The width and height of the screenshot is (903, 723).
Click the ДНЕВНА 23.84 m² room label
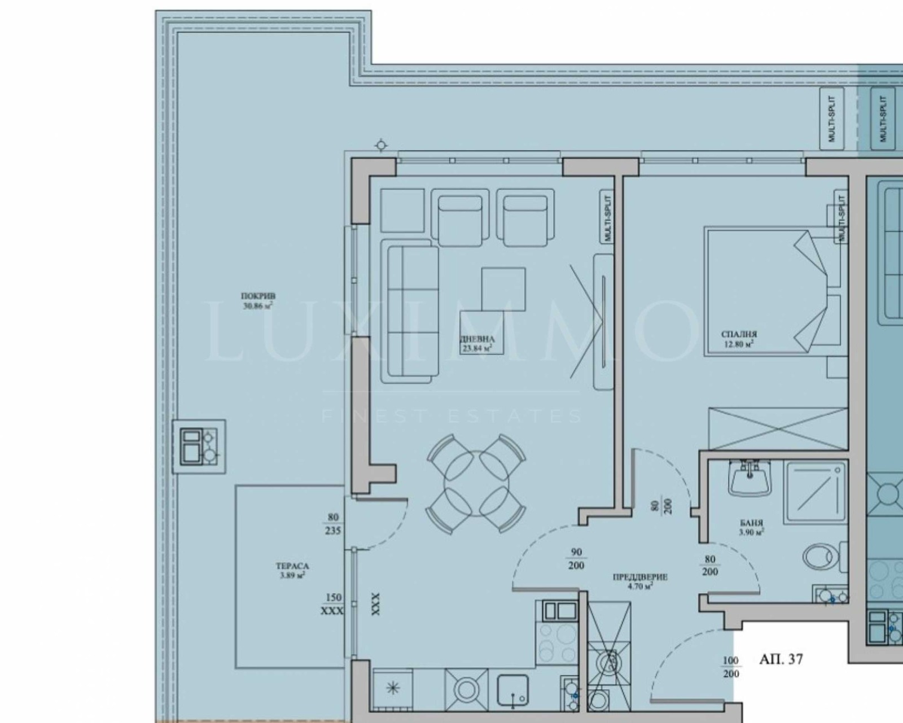pos(477,344)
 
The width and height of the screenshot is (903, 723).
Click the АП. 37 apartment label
pos(781,659)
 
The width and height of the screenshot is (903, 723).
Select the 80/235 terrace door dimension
pos(333,524)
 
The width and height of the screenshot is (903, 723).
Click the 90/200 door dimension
pos(576,559)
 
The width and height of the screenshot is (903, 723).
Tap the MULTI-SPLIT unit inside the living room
pos(607,217)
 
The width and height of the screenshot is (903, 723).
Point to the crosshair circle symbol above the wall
pos(381,146)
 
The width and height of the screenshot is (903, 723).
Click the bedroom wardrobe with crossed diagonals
pos(778,430)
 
